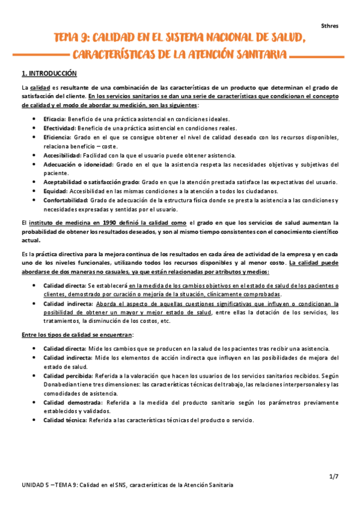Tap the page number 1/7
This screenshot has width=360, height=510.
334,476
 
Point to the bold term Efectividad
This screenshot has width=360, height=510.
58,127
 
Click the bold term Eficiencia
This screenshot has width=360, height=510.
57,137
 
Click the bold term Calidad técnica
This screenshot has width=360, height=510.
65,420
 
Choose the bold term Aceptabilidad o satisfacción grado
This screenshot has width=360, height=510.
91,182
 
